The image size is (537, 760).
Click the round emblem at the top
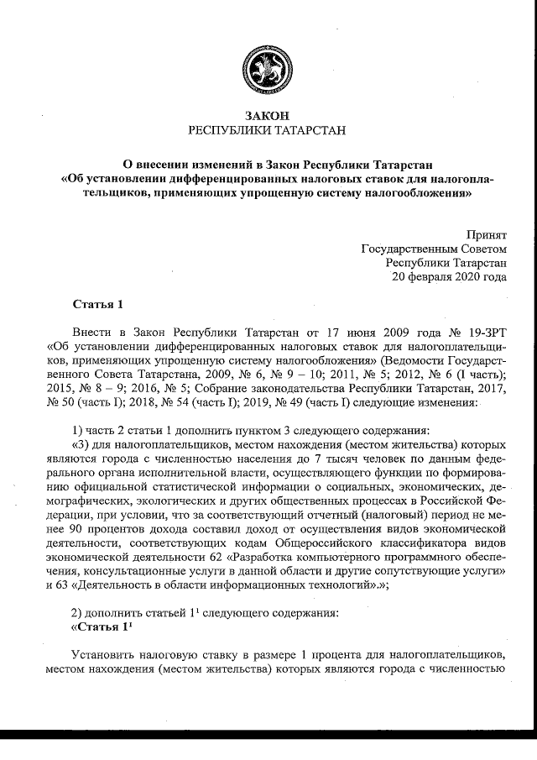268,67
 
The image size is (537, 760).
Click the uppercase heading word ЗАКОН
268,115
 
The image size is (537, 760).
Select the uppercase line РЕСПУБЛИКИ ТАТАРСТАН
268,131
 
